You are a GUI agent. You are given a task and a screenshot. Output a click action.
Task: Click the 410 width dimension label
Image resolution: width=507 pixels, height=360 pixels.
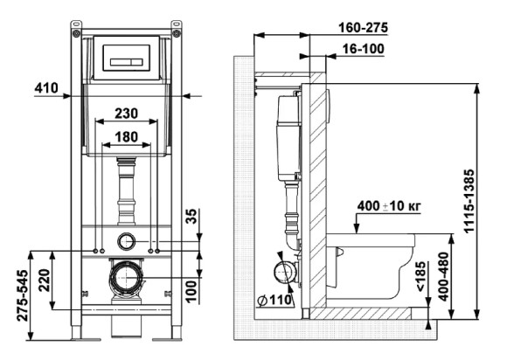[47, 87]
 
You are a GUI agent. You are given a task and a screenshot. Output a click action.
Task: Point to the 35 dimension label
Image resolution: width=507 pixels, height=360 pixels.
[191, 217]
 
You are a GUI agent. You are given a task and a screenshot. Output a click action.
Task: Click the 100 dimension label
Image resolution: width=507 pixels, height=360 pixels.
[191, 285]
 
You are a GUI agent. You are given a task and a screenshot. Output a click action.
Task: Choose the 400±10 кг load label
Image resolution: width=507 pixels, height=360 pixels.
[391, 206]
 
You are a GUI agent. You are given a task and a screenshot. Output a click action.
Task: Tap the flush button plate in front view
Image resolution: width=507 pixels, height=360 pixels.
[128, 57]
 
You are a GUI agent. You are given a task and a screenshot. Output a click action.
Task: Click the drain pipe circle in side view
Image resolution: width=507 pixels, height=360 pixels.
[281, 274]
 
